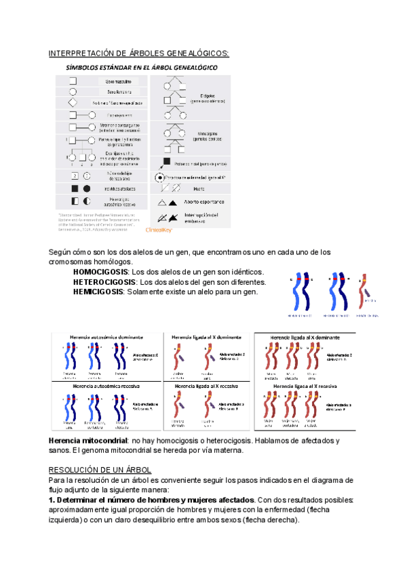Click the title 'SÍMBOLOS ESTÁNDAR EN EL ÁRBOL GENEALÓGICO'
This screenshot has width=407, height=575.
click(x=141, y=68)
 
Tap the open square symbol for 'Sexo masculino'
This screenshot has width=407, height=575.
click(x=73, y=81)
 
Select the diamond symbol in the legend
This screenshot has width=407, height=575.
click(x=73, y=102)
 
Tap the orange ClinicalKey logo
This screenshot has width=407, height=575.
click(x=159, y=230)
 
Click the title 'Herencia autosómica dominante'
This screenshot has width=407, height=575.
click(x=106, y=337)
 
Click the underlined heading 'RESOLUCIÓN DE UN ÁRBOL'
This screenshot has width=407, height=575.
click(x=100, y=470)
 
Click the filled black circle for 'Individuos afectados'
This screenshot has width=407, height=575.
click(x=86, y=188)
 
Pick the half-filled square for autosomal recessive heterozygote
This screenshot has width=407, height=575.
click(x=74, y=201)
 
